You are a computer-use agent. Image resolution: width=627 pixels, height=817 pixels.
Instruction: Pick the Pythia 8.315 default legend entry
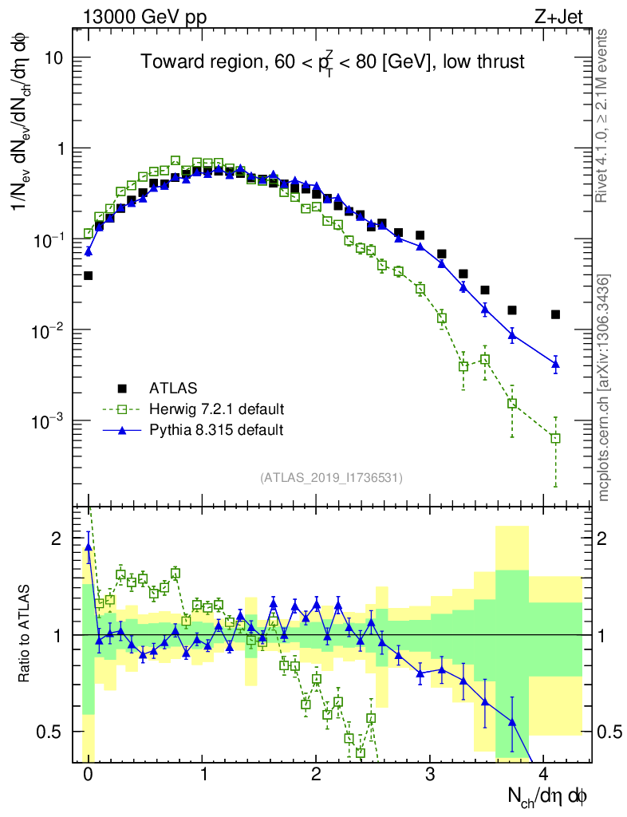pos(216,430)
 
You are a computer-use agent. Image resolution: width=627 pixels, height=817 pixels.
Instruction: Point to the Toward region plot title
pos(333,62)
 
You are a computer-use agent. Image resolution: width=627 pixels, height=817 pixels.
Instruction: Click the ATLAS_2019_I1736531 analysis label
pos(331,478)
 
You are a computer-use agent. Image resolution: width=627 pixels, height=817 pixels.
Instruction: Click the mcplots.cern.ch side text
pos(604,387)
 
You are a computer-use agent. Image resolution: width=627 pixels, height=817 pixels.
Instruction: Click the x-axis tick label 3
pos(430,774)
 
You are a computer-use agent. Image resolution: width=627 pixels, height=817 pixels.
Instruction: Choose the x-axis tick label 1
pos(203,774)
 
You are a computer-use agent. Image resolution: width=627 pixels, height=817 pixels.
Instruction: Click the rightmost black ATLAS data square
pos(555,314)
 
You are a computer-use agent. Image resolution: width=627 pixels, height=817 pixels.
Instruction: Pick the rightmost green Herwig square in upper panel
pos(555,438)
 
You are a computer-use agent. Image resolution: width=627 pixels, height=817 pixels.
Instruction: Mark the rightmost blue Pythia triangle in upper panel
pos(555,364)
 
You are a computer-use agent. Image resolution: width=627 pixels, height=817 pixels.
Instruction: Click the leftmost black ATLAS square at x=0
pos(89,275)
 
